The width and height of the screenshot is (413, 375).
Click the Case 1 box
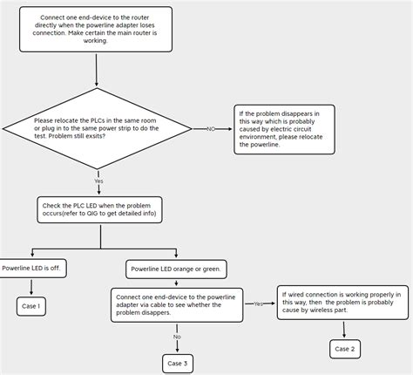click(x=30, y=306)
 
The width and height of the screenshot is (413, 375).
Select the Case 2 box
click(x=345, y=349)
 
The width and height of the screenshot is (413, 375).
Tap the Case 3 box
click(x=177, y=363)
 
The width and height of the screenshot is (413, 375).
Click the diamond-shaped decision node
click(x=97, y=128)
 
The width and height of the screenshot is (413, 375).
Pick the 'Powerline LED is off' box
click(x=33, y=269)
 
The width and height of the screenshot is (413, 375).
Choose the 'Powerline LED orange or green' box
click(x=177, y=269)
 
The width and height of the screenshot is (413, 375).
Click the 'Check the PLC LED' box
click(x=99, y=209)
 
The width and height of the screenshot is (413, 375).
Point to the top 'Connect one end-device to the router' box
click(x=96, y=29)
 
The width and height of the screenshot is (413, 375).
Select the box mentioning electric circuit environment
click(x=284, y=129)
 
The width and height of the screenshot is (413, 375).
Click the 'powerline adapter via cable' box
click(x=177, y=305)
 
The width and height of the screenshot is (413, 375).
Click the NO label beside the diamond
click(x=211, y=129)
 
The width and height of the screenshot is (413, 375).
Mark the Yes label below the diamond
click(x=98, y=181)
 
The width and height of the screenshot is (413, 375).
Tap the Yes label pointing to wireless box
click(x=259, y=303)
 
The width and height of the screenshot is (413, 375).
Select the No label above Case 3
click(x=177, y=337)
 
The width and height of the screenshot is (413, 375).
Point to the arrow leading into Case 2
click(x=344, y=330)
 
